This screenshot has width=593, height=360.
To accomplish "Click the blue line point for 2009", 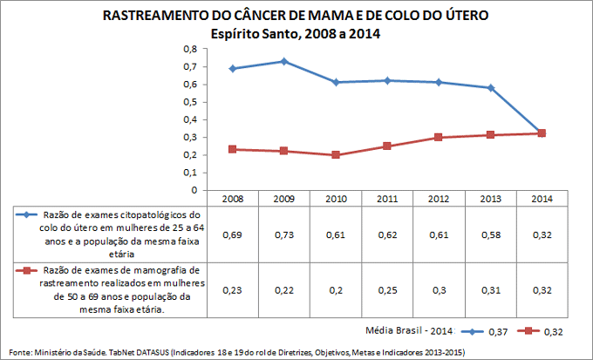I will pos(283,61).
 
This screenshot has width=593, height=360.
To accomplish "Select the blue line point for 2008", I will pos(232,68).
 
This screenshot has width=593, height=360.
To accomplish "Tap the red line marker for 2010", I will pos(336,155).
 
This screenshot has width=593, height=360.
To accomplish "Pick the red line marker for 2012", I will pos(439,137).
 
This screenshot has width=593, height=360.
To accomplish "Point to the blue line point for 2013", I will pos(490,87).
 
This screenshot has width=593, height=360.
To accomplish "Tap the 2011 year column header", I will pos(387,199).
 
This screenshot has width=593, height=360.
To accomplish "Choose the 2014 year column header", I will pos(542,199).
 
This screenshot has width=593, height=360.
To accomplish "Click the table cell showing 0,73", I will pos(283,235).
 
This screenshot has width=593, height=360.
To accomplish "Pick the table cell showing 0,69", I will pos(232,235).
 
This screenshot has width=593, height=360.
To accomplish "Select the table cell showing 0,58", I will pos(490,235).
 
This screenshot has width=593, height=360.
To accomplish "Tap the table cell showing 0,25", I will pos(387,290).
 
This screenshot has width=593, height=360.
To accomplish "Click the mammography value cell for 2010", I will pos(336,290).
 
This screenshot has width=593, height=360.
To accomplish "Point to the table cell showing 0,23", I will pos(232,290).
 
